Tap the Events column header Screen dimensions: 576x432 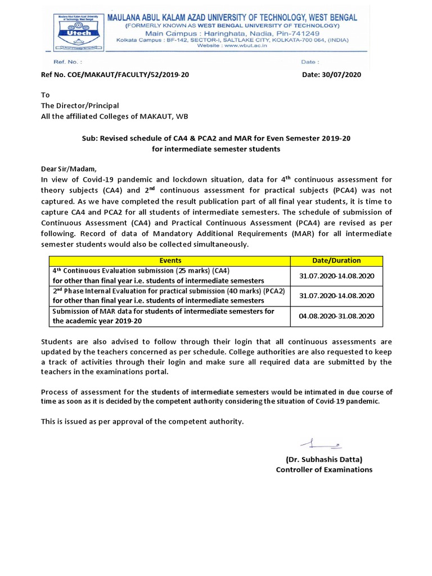tap(170, 260)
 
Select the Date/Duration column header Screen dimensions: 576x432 tap(336, 260)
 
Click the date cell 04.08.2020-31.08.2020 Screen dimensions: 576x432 tap(336, 316)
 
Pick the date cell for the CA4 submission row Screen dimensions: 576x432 tap(336, 276)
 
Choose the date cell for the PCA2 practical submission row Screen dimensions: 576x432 tap(336, 296)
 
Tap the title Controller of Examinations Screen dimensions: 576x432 tap(324, 470)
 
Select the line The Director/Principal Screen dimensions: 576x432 tap(80, 106)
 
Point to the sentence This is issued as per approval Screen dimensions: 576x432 tap(143, 421)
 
